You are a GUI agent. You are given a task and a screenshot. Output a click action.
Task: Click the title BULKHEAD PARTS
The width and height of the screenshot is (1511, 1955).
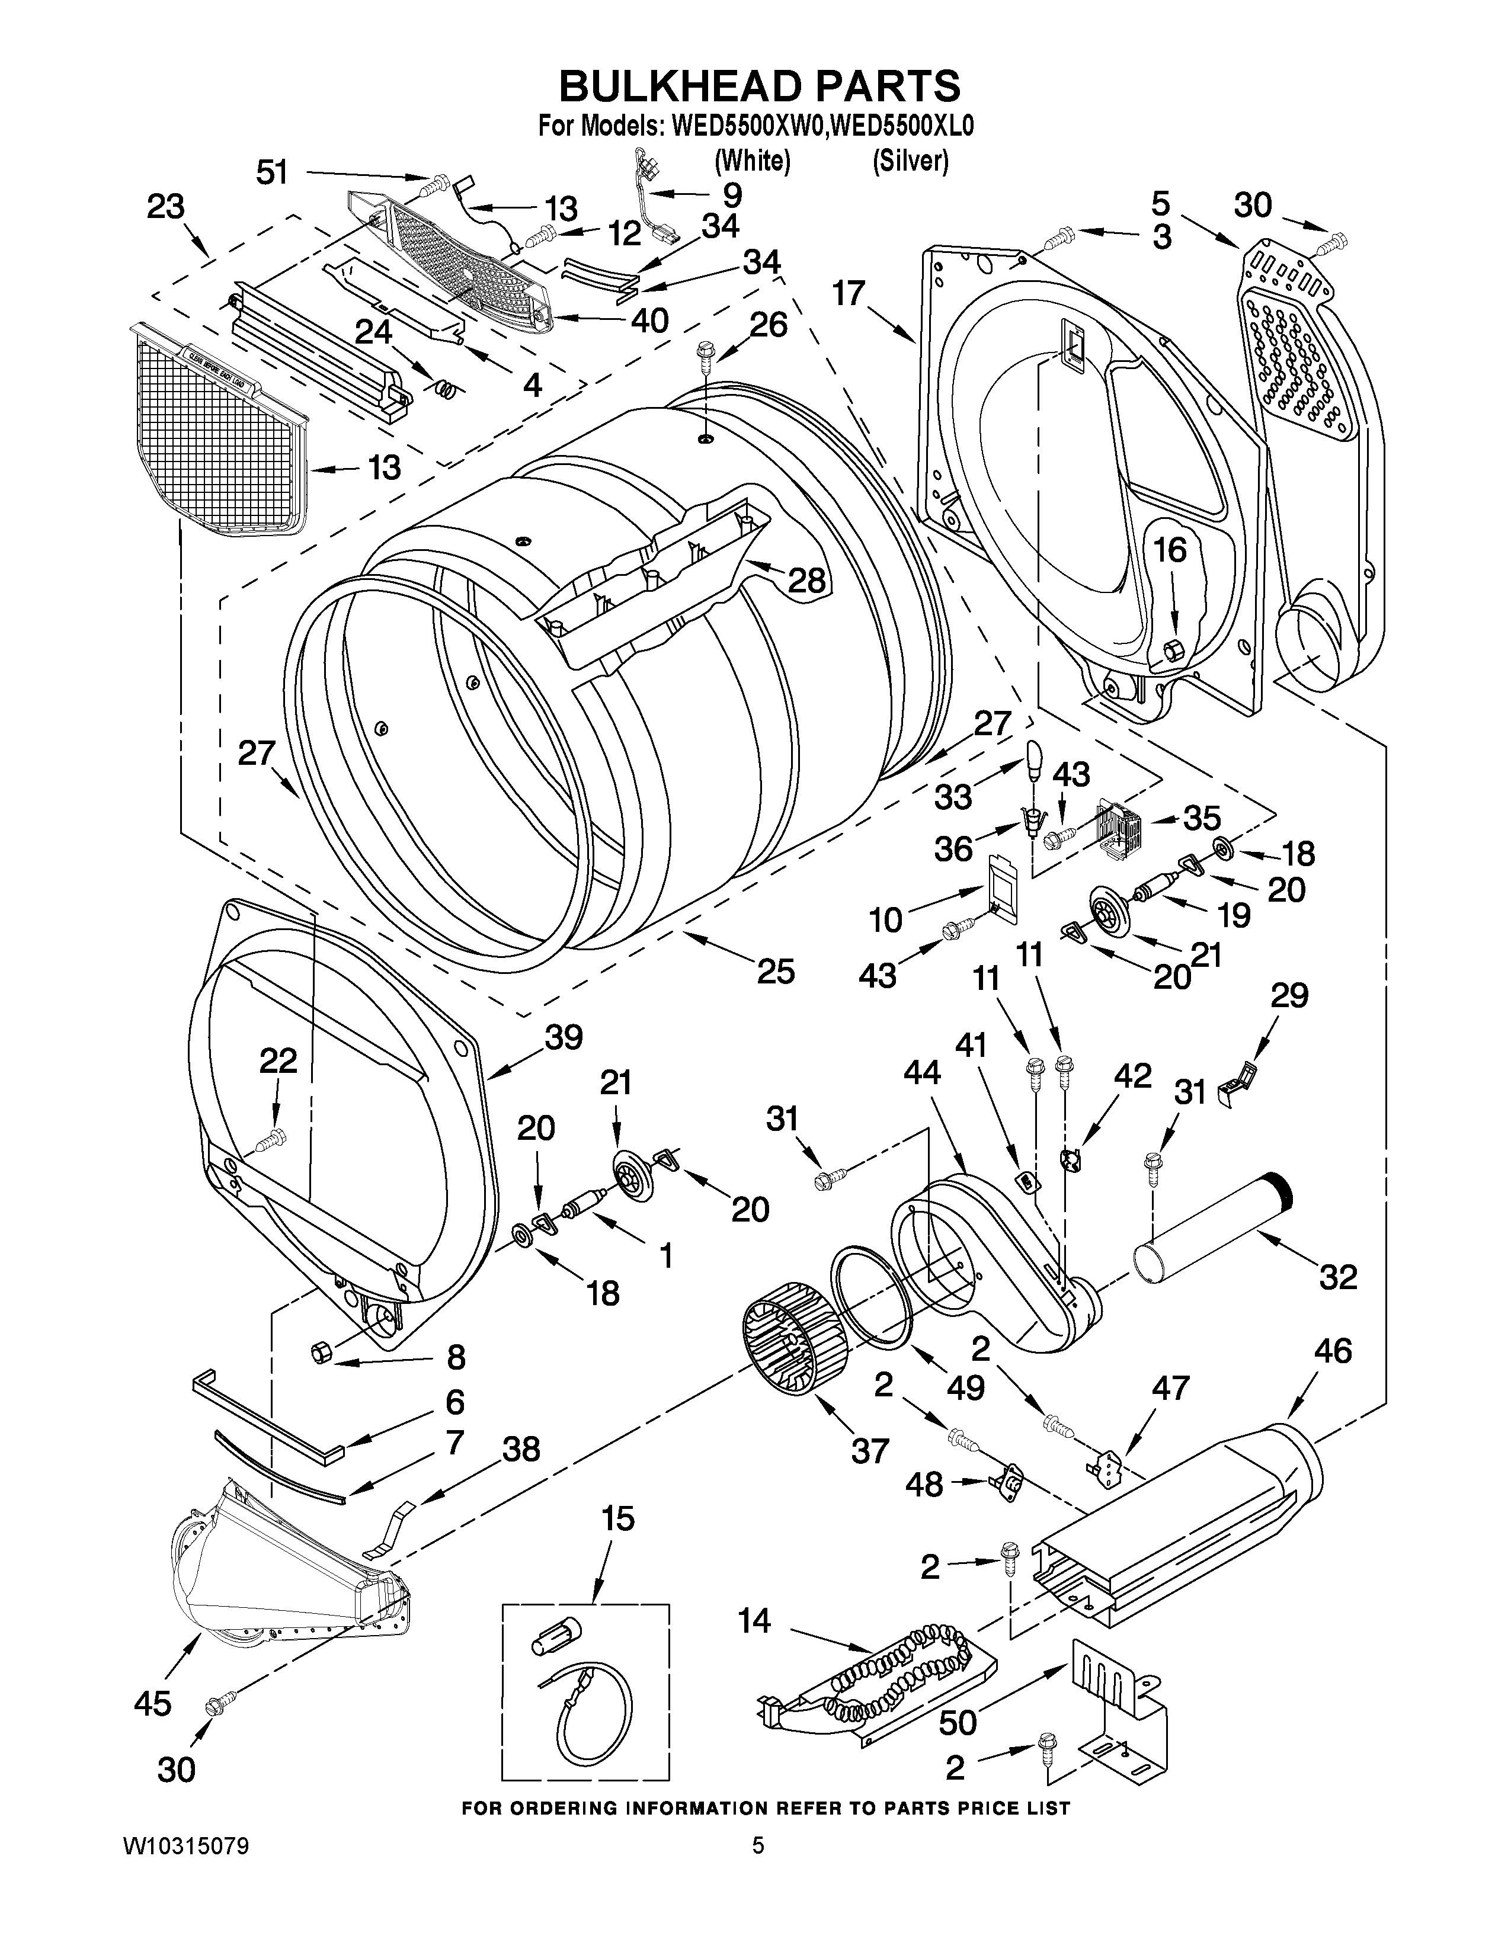[x=759, y=87]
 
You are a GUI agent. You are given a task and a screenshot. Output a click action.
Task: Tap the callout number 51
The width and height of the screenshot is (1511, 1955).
[x=272, y=171]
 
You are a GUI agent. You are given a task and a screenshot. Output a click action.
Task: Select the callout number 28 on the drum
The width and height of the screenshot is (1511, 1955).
[x=806, y=581]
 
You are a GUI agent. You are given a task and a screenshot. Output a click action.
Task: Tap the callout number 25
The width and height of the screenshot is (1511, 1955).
[x=775, y=971]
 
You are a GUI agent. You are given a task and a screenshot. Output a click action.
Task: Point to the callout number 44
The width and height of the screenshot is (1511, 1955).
[x=922, y=1072]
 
